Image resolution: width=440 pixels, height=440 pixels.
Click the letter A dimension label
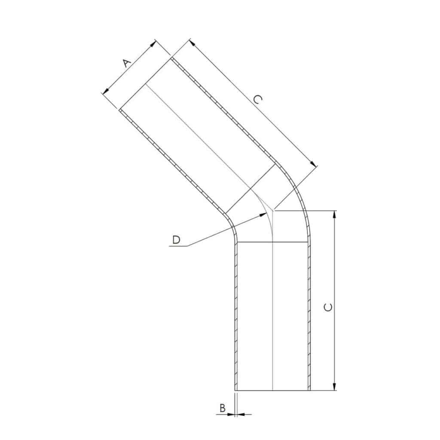pyautogui.click(x=126, y=63)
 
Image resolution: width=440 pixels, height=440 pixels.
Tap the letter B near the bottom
pyautogui.click(x=223, y=408)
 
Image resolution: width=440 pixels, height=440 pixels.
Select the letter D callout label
pyautogui.click(x=176, y=240)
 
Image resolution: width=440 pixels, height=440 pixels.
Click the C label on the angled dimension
pyautogui.click(x=257, y=100)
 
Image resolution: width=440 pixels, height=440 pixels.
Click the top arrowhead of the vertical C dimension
pyautogui.click(x=335, y=214)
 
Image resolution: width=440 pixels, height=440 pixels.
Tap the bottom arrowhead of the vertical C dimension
pyautogui.click(x=335, y=388)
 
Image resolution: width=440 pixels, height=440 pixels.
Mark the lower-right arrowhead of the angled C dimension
pyautogui.click(x=314, y=165)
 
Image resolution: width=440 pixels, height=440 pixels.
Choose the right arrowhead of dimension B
pyautogui.click(x=240, y=414)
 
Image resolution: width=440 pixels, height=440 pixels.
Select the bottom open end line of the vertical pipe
pyautogui.click(x=272, y=391)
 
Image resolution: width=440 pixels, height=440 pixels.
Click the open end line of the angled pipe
pyautogui.click(x=145, y=84)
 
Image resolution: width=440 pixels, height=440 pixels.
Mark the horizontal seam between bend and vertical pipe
pyautogui.click(x=272, y=242)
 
